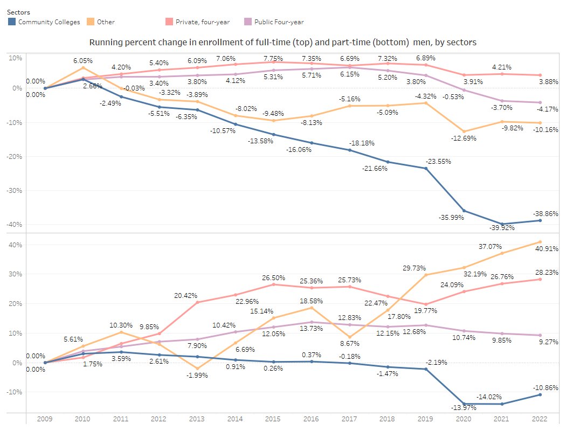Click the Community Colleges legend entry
click(x=49, y=22)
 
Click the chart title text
click(x=282, y=42)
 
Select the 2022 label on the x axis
click(x=540, y=420)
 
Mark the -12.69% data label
click(x=463, y=138)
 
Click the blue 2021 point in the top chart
click(x=502, y=224)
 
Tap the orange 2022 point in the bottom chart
click(x=540, y=242)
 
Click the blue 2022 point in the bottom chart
click(x=540, y=395)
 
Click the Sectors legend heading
click(x=19, y=12)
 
